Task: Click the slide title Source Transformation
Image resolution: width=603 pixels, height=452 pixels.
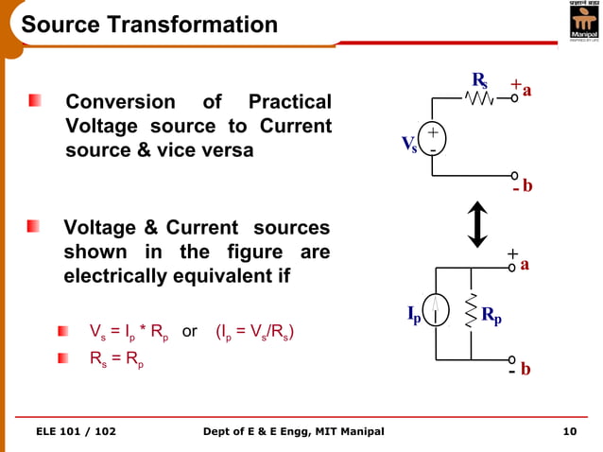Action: (149, 24)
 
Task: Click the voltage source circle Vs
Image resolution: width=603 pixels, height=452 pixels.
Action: (433, 142)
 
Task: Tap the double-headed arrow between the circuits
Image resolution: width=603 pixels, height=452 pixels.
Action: (478, 223)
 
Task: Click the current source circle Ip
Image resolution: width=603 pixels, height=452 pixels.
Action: (436, 309)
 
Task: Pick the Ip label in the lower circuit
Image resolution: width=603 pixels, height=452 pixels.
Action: (414, 313)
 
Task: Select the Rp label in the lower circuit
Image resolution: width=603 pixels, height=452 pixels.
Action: (491, 315)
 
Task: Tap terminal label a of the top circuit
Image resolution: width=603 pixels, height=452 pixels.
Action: (527, 91)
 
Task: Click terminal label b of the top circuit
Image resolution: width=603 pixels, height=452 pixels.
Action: (527, 186)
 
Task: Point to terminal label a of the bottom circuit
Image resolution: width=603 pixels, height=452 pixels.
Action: (525, 265)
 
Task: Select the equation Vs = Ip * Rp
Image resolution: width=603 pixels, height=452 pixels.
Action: (129, 333)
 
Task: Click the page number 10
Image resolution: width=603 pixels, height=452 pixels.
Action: (569, 432)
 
